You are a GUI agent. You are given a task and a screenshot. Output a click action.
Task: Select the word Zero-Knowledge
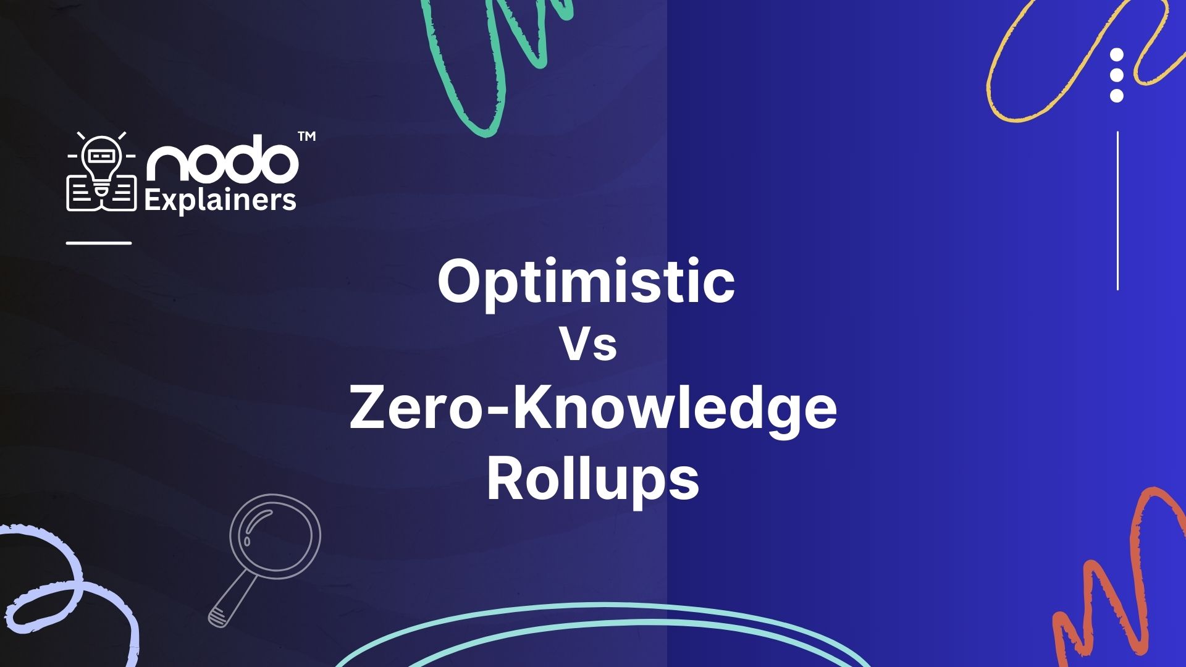point(593,409)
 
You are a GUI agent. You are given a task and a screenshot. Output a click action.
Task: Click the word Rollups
point(593,480)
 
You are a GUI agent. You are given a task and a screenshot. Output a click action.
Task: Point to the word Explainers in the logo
point(220,200)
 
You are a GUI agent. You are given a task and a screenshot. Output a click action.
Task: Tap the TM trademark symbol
point(306,136)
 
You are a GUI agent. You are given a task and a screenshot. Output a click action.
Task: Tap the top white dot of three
point(1116,55)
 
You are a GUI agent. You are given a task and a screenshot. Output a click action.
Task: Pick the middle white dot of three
point(1116,75)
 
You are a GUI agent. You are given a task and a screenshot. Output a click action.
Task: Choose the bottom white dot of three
point(1116,96)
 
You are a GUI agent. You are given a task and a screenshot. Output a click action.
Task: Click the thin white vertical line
point(1117,211)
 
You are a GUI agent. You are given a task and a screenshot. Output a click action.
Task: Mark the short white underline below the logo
point(99,243)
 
